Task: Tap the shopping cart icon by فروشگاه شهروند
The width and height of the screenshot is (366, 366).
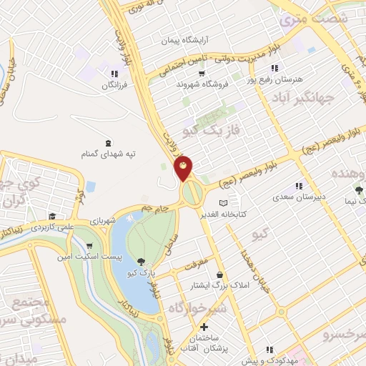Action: (202, 73)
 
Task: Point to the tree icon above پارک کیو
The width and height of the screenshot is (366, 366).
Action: (140, 262)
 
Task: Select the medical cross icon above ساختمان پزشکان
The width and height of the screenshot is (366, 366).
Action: (204, 327)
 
